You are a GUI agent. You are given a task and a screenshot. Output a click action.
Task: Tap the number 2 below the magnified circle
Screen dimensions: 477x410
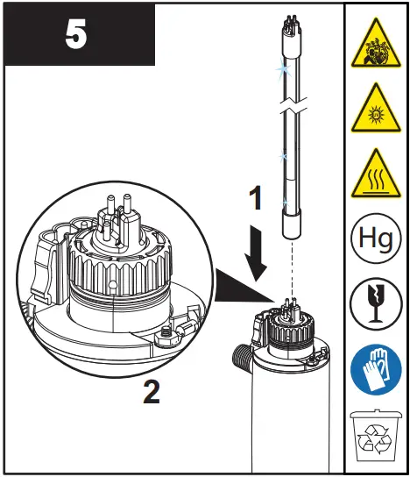(x=152, y=391)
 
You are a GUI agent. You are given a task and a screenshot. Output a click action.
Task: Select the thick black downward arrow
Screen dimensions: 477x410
(x=255, y=253)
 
